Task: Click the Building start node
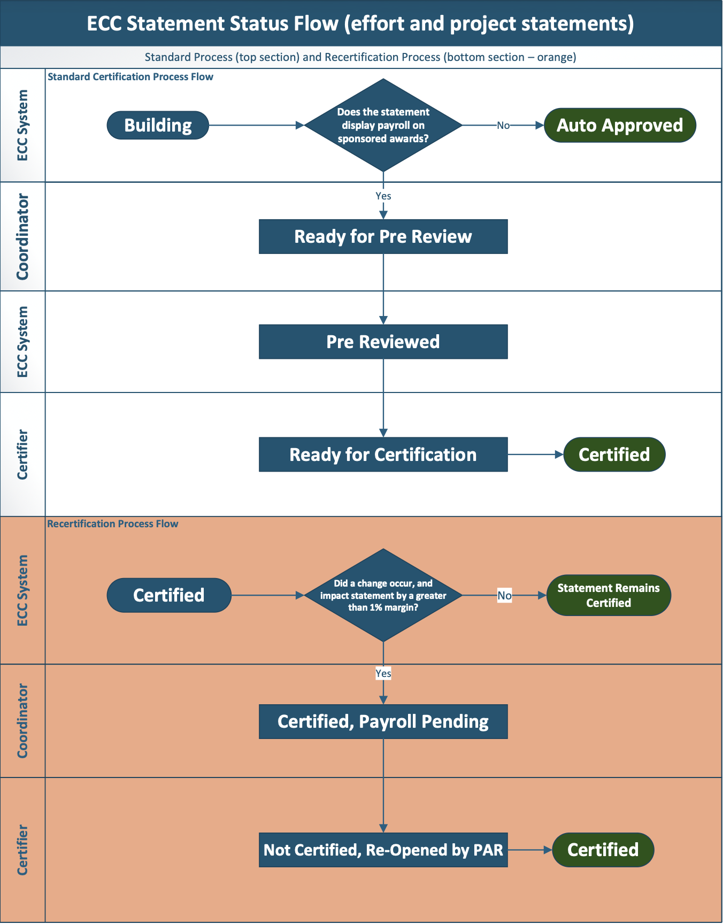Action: [x=158, y=125]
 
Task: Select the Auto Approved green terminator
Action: [x=619, y=125]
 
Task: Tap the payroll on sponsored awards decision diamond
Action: [x=383, y=125]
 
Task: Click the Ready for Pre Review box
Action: [x=383, y=236]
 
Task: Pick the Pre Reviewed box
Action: [x=383, y=342]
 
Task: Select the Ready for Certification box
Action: [x=383, y=455]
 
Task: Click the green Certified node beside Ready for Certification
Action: [x=614, y=455]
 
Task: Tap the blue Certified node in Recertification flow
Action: [x=169, y=595]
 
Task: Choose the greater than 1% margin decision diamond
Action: [x=383, y=595]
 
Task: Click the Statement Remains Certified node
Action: [x=608, y=595]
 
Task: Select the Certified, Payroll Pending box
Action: [x=383, y=721]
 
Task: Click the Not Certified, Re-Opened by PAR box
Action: [x=383, y=850]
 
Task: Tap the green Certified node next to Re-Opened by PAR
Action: [x=603, y=850]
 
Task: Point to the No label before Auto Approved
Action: [x=503, y=126]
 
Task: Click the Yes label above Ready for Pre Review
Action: [x=383, y=196]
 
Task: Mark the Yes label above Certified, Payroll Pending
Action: [x=383, y=673]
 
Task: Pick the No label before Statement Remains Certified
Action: [x=504, y=595]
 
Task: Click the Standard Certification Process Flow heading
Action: [x=130, y=77]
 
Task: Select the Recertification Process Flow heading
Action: [x=113, y=524]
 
